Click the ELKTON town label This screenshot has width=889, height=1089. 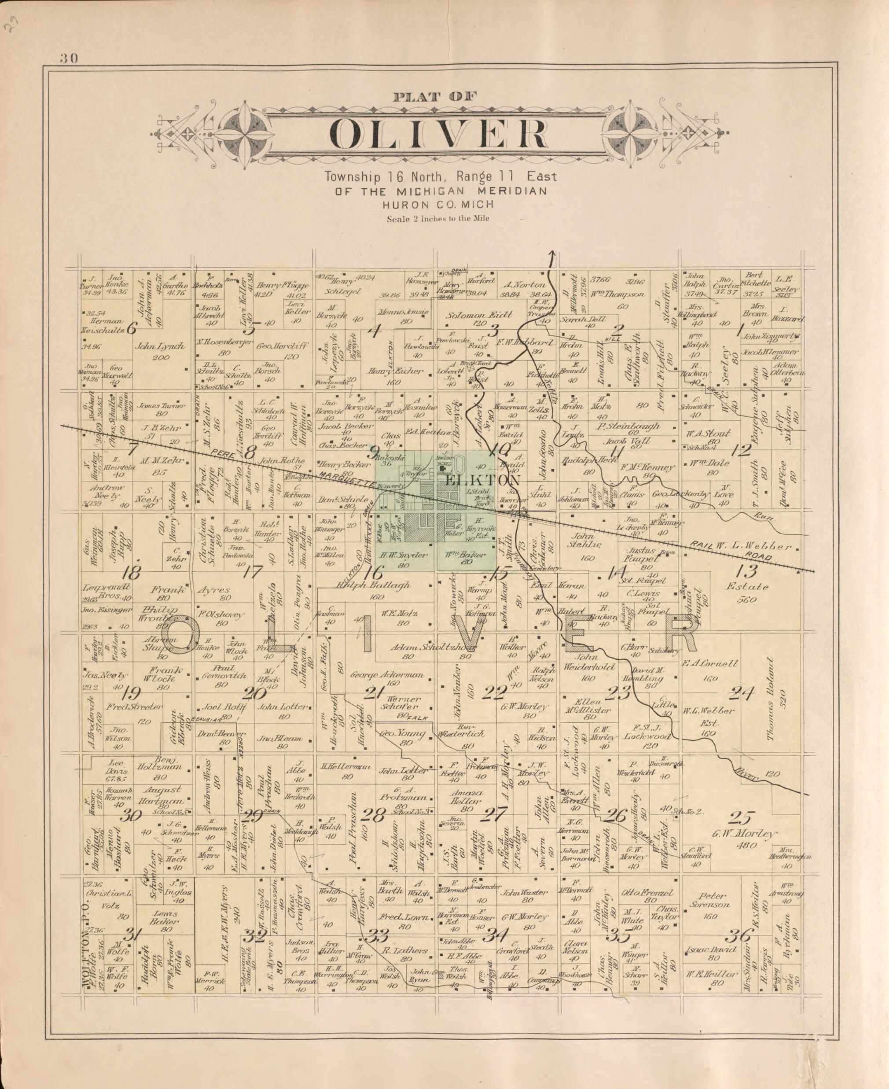[483, 480]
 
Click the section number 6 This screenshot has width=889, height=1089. [131, 328]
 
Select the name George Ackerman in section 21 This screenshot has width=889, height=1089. [387, 675]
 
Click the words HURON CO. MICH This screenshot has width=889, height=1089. [438, 204]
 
